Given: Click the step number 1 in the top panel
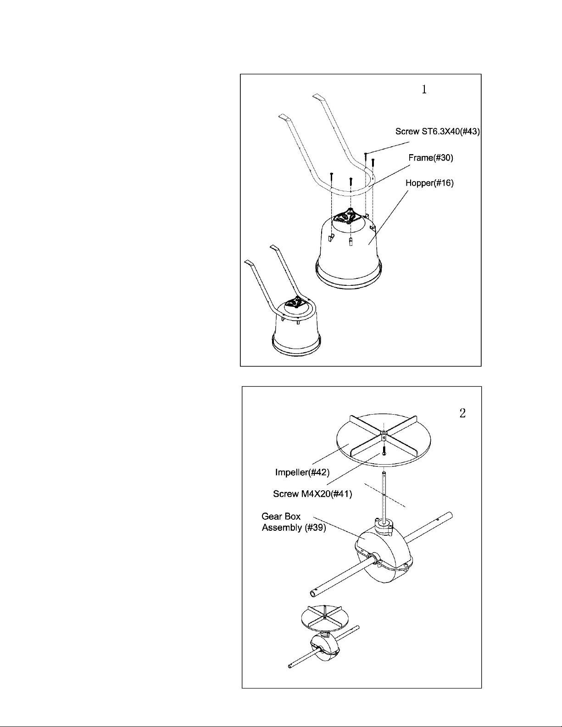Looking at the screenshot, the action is point(424,89).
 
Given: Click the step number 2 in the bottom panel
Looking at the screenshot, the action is point(462,414).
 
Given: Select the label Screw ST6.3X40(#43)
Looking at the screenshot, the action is point(438,132).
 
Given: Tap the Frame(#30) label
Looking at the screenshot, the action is point(431,158).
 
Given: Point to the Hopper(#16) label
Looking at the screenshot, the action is point(429,183).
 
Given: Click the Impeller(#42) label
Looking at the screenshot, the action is point(302,472).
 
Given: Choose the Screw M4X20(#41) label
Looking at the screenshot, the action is point(312,494).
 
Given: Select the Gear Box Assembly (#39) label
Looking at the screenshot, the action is point(294,522).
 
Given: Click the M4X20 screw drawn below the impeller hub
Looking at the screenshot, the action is point(384,450).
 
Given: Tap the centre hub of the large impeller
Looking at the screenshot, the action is point(384,435).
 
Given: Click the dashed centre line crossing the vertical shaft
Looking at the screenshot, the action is point(385,495).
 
